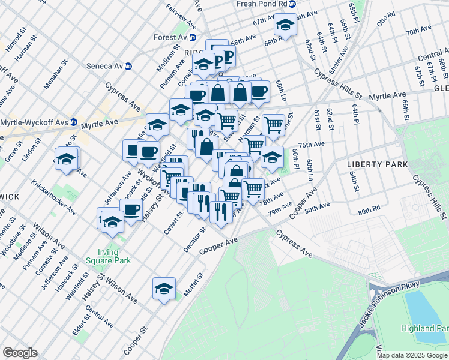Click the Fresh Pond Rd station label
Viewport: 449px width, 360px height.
tap(263, 4)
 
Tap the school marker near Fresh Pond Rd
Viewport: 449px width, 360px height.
tap(285, 25)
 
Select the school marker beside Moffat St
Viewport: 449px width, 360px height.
tap(164, 289)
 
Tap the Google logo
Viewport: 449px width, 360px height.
tap(20, 353)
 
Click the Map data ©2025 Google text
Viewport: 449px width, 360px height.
tap(412, 355)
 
